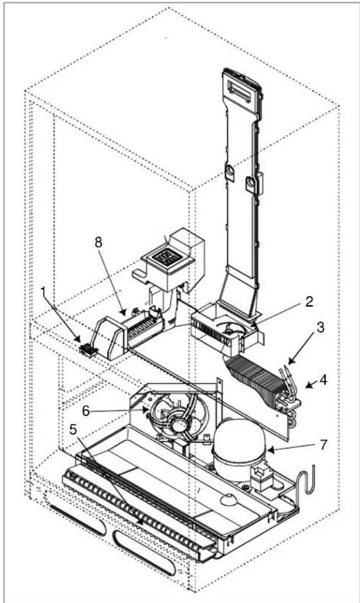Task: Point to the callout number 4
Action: click(x=323, y=382)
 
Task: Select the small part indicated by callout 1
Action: click(x=87, y=351)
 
